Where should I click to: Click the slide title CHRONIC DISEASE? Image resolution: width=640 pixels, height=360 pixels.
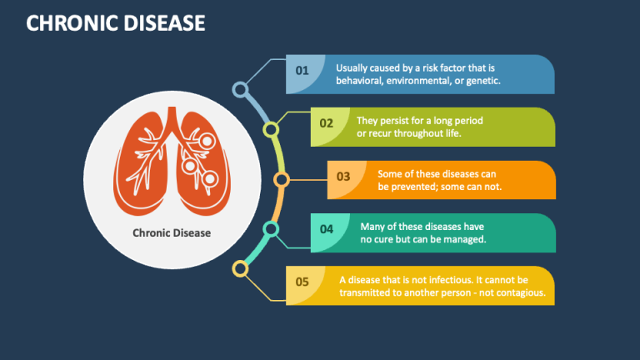pyautogui.click(x=116, y=22)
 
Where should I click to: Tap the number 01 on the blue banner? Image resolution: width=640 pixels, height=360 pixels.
pyautogui.click(x=302, y=71)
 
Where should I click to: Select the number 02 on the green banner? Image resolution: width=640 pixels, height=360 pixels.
pyautogui.click(x=327, y=123)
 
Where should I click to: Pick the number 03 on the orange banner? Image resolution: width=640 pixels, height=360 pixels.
pyautogui.click(x=343, y=177)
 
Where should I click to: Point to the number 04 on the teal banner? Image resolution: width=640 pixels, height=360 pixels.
pyautogui.click(x=327, y=229)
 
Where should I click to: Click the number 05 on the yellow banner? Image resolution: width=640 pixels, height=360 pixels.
pyautogui.click(x=302, y=282)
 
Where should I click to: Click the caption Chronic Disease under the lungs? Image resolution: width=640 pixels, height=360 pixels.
pyautogui.click(x=172, y=233)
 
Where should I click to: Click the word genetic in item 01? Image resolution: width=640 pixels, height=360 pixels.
pyautogui.click(x=483, y=81)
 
